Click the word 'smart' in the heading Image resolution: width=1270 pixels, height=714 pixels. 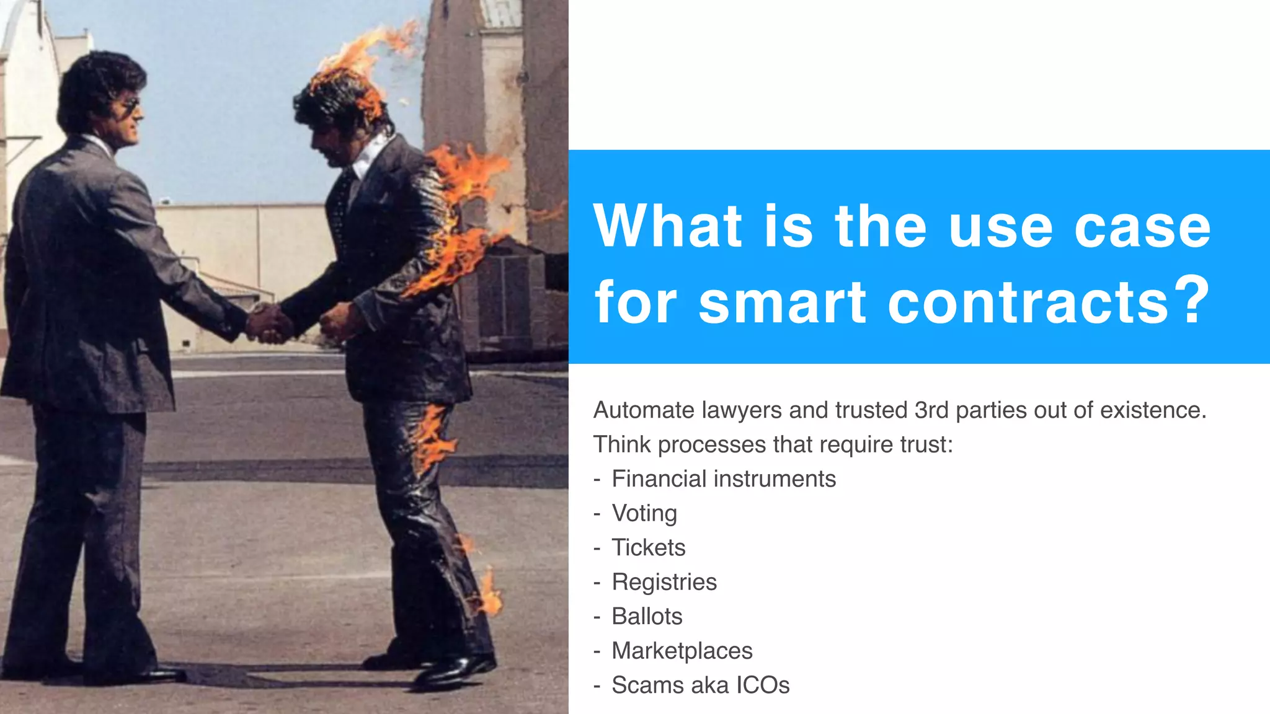pos(782,302)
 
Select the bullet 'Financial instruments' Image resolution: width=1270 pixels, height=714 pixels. pos(723,479)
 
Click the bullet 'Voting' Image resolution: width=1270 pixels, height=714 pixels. pos(644,513)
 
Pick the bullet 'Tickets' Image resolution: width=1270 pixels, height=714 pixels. pos(648,548)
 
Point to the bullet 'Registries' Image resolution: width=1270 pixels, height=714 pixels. pos(664,582)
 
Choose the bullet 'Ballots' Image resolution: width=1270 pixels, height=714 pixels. pos(646,617)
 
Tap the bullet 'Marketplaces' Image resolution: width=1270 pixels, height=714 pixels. pos(682,651)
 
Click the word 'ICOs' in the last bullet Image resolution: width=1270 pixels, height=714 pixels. pos(762,685)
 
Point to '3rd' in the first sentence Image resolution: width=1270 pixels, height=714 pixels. pos(932,410)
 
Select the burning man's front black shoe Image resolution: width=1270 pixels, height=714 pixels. pos(456,669)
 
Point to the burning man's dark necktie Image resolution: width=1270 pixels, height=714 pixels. pos(340,205)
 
